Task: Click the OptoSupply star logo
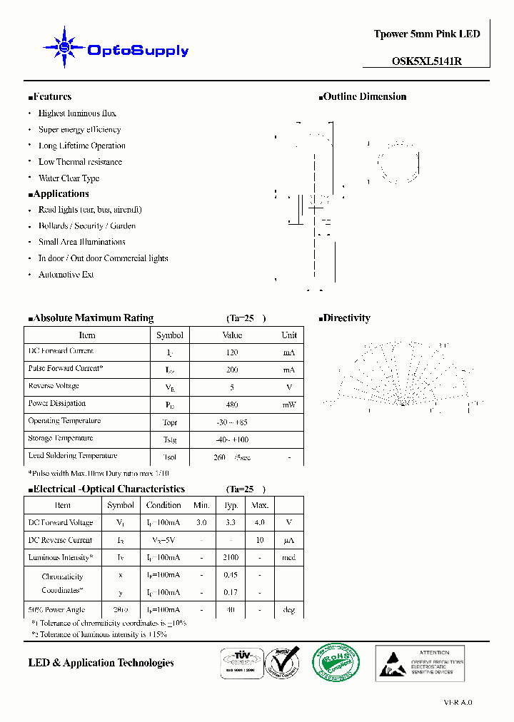tap(65, 48)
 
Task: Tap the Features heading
tap(50, 97)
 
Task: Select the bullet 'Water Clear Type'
tap(69, 178)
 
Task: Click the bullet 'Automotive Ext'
tap(66, 275)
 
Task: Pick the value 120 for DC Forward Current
tap(231, 352)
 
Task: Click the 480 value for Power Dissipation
tap(231, 405)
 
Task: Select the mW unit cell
tap(288, 405)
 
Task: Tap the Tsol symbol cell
tap(169, 457)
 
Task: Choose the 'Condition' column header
tap(163, 505)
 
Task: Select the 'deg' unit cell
tap(288, 610)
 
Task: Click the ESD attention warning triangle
tap(391, 664)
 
